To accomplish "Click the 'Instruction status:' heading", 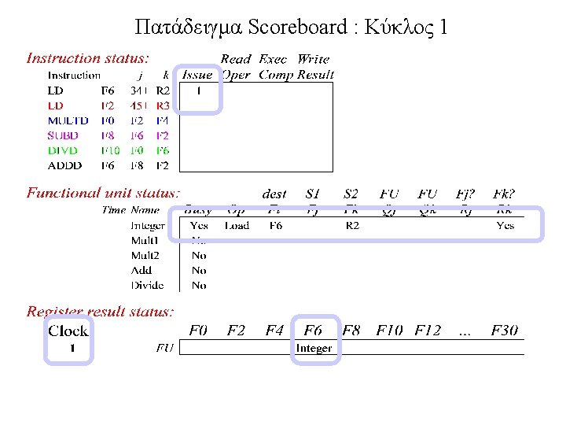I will coord(88,58).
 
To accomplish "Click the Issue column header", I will coord(197,75).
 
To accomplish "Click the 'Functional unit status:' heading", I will coord(103,193).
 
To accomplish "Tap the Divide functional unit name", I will coord(147,286).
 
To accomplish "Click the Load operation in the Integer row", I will coord(237,226).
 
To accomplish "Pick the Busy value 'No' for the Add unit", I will coord(199,271).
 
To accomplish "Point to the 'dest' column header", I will coord(274,194).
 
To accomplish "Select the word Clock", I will coord(68,331).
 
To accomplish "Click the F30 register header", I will coord(505,331).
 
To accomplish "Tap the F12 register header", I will coord(428,331).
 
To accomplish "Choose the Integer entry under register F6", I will coord(314,349).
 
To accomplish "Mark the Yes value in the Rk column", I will coord(505,226).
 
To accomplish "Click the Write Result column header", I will coord(314,67).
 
